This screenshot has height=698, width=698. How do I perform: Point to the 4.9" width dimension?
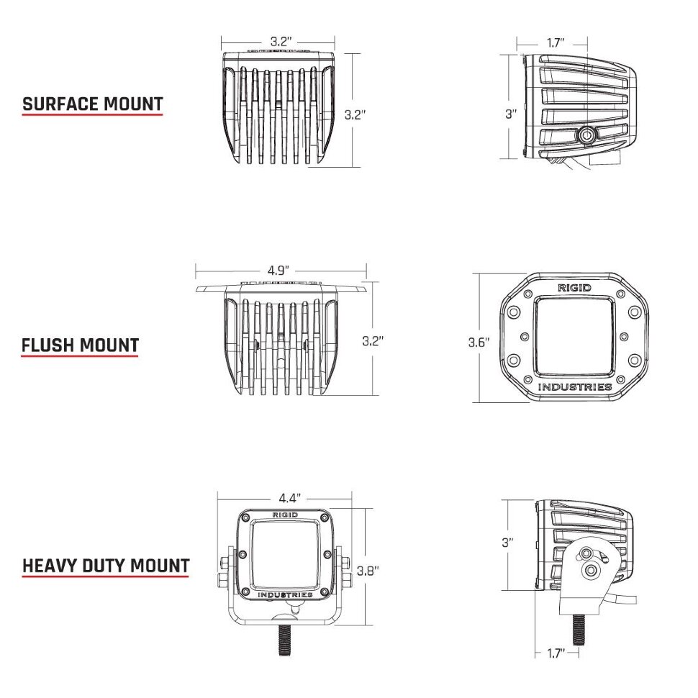click(278, 271)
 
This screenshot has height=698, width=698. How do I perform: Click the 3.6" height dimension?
click(479, 342)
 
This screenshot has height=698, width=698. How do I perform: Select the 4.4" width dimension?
click(289, 498)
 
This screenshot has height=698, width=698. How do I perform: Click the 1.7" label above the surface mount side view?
click(555, 43)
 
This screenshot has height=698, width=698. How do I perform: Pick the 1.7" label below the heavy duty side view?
click(553, 653)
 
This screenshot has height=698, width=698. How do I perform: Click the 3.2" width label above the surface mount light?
click(281, 42)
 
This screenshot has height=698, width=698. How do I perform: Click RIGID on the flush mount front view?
click(575, 288)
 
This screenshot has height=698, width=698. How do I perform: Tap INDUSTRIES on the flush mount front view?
click(576, 387)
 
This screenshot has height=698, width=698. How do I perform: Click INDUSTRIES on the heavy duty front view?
click(286, 595)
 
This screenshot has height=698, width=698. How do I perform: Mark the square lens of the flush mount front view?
click(576, 337)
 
